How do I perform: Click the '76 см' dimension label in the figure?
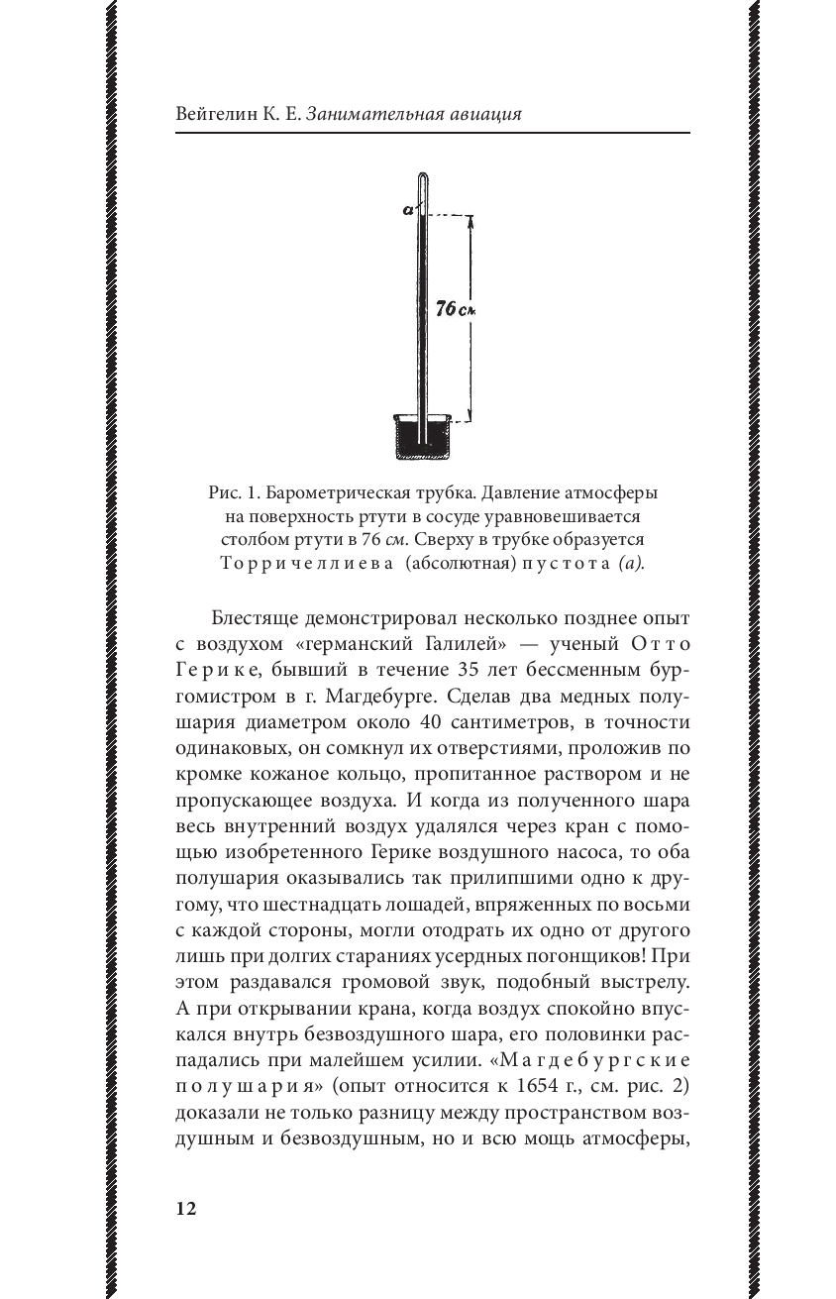coord(456,310)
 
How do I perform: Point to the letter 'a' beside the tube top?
coord(408,209)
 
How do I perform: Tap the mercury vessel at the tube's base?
coord(423,438)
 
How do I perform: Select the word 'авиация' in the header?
coord(484,114)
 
